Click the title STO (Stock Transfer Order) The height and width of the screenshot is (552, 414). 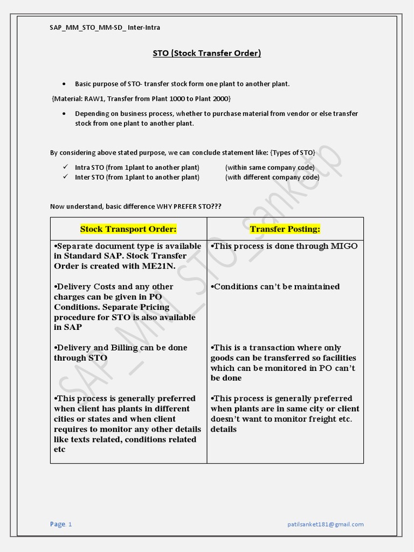pyautogui.click(x=207, y=53)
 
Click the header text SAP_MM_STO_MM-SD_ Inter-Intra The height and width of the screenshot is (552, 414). pyautogui.click(x=105, y=27)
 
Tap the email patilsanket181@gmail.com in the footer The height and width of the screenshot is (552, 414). pyautogui.click(x=325, y=524)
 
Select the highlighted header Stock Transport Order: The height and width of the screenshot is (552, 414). pyautogui.click(x=128, y=229)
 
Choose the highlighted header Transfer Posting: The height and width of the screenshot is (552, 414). pyautogui.click(x=285, y=229)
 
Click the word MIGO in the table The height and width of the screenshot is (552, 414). pyautogui.click(x=344, y=246)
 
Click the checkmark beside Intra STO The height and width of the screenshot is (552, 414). pyautogui.click(x=65, y=167)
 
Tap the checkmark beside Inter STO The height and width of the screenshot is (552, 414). pyautogui.click(x=65, y=177)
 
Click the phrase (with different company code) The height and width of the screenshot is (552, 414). pyautogui.click(x=270, y=177)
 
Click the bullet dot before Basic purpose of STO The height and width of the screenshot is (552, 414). pyautogui.click(x=64, y=84)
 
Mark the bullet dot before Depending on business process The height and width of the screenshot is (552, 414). pyautogui.click(x=64, y=114)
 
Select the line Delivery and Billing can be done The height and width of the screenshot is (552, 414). pyautogui.click(x=121, y=348)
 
